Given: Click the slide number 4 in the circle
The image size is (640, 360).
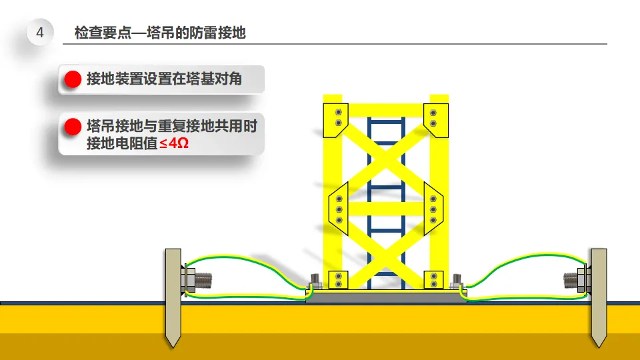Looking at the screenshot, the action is click(40, 33).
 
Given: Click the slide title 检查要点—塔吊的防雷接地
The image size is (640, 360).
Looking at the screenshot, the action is click(160, 33).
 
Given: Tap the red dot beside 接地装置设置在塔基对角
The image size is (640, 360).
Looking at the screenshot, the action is click(72, 80).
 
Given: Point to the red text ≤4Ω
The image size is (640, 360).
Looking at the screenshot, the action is click(173, 143).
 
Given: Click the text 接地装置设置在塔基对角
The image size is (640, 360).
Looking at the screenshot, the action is click(164, 80).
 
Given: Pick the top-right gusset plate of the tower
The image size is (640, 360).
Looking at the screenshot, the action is click(435, 119).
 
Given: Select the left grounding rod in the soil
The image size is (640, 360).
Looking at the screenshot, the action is click(173, 297).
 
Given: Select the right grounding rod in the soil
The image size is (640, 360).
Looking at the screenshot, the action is click(598, 297).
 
